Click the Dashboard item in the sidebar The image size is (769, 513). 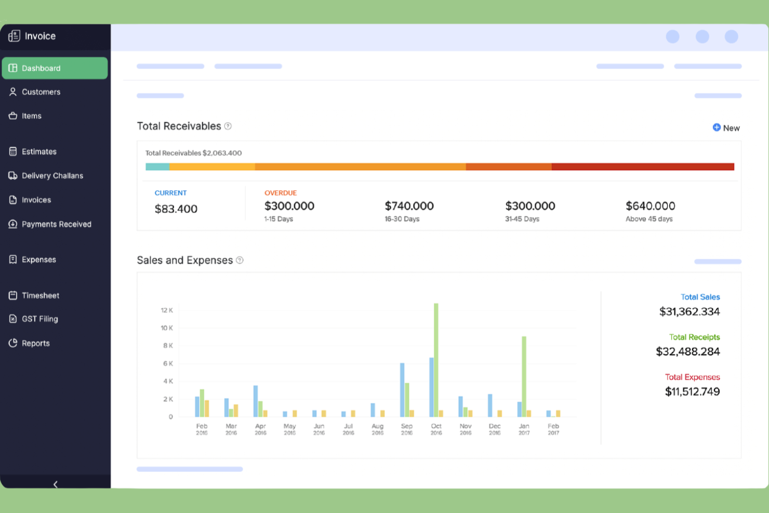click(x=55, y=68)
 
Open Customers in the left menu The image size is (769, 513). click(x=41, y=92)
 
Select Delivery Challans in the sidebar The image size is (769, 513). click(x=52, y=176)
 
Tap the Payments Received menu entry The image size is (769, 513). click(x=56, y=224)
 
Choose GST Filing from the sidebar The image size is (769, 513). click(x=39, y=319)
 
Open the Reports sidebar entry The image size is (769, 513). click(x=35, y=343)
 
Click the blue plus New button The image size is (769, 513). click(x=726, y=128)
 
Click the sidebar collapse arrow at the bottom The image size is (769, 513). click(x=55, y=484)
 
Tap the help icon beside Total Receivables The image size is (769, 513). click(x=228, y=126)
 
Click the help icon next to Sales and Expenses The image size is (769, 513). click(x=240, y=260)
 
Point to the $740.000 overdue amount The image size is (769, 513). click(x=409, y=206)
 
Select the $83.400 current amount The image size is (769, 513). click(x=176, y=209)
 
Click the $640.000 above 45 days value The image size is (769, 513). click(x=650, y=206)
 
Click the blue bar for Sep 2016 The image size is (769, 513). click(x=402, y=390)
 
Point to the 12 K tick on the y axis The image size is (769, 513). click(x=167, y=310)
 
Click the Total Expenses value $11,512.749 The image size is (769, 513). click(x=692, y=391)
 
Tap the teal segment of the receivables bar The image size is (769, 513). click(x=157, y=167)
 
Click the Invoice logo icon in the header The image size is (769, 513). click(x=14, y=36)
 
